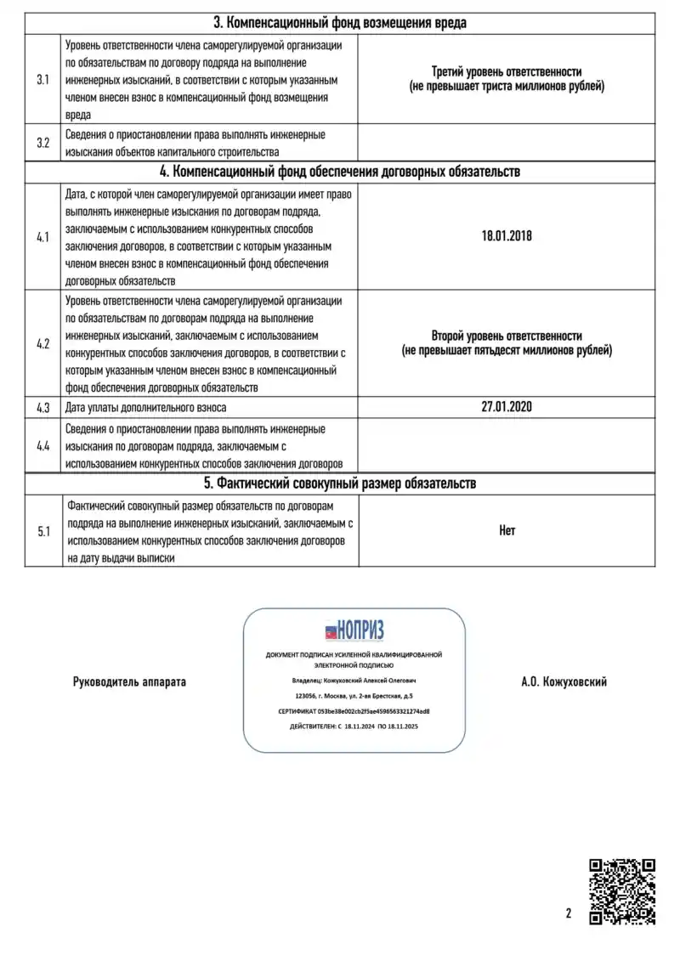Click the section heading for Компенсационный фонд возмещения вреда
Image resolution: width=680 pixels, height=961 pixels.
click(x=339, y=23)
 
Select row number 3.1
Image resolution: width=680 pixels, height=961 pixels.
click(x=43, y=79)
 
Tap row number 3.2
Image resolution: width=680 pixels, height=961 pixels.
click(x=43, y=143)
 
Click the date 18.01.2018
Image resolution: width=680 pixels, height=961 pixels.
click(x=506, y=236)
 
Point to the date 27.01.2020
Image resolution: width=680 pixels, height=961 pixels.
click(x=506, y=407)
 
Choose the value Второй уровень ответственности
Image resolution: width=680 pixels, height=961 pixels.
click(x=507, y=336)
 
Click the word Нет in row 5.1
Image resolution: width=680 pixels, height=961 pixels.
click(x=507, y=531)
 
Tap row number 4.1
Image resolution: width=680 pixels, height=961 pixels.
click(x=43, y=236)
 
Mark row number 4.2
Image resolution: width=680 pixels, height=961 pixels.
click(x=43, y=344)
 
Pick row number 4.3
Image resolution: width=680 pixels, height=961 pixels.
click(x=43, y=408)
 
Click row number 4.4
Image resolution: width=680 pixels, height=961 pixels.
click(x=43, y=445)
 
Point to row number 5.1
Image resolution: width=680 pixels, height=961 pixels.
click(x=43, y=532)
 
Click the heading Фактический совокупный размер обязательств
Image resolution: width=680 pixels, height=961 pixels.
click(x=339, y=483)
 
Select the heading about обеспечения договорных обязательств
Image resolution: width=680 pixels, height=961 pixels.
click(x=339, y=172)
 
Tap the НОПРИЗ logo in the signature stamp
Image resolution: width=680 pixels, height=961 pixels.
click(x=354, y=630)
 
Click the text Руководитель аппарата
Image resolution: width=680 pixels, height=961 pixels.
click(x=129, y=682)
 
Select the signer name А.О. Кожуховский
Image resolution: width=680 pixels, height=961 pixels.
click(x=564, y=682)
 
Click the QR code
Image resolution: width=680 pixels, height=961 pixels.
click(x=622, y=891)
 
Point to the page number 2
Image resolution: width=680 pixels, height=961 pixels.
click(x=568, y=914)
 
